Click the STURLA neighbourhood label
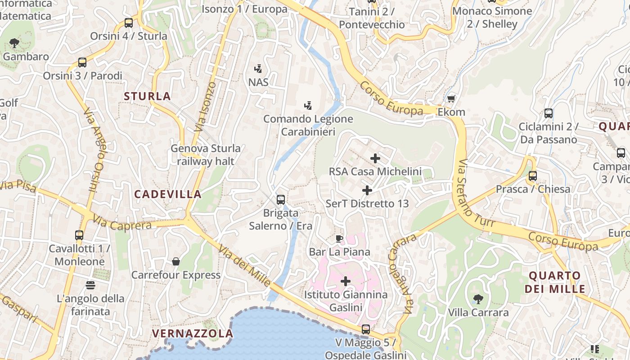pos(147,96)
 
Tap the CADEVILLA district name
pos(168,194)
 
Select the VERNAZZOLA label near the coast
pos(193,333)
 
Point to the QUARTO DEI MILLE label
pos(557,282)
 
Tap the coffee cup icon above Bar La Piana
pos(339,238)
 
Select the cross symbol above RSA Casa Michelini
pos(375,158)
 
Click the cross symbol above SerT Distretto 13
pos(367,190)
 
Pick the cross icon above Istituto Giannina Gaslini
pos(346,282)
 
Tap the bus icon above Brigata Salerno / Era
pos(281,199)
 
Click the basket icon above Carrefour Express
pos(176,261)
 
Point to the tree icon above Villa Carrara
pos(478,299)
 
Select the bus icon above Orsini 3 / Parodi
pos(82,63)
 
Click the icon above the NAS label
pos(258,69)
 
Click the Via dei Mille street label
pos(245,266)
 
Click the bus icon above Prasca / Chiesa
pos(533,175)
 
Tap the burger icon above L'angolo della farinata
pos(90,285)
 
